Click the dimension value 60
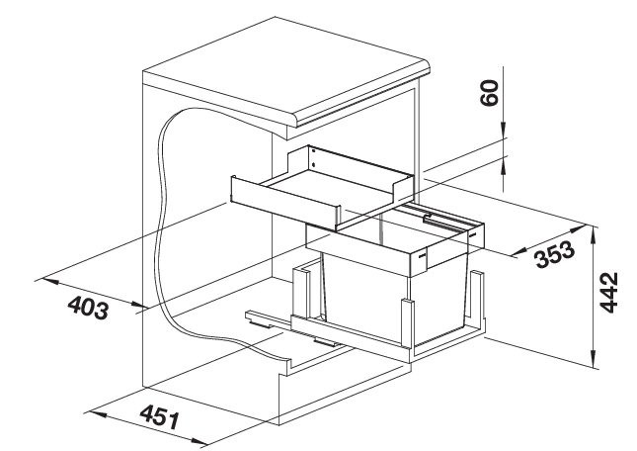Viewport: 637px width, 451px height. pos(489,93)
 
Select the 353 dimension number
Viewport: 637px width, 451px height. pos(555,254)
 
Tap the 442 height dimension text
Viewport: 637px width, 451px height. pos(608,293)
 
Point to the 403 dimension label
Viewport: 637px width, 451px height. pos(88,307)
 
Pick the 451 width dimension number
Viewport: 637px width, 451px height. pos(159,416)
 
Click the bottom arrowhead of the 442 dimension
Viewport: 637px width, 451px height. pos(595,360)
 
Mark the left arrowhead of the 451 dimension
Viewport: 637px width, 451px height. pos(98,414)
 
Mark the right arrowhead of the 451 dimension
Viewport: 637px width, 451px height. pos(199,441)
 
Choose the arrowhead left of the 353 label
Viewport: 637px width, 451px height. pos(520,252)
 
